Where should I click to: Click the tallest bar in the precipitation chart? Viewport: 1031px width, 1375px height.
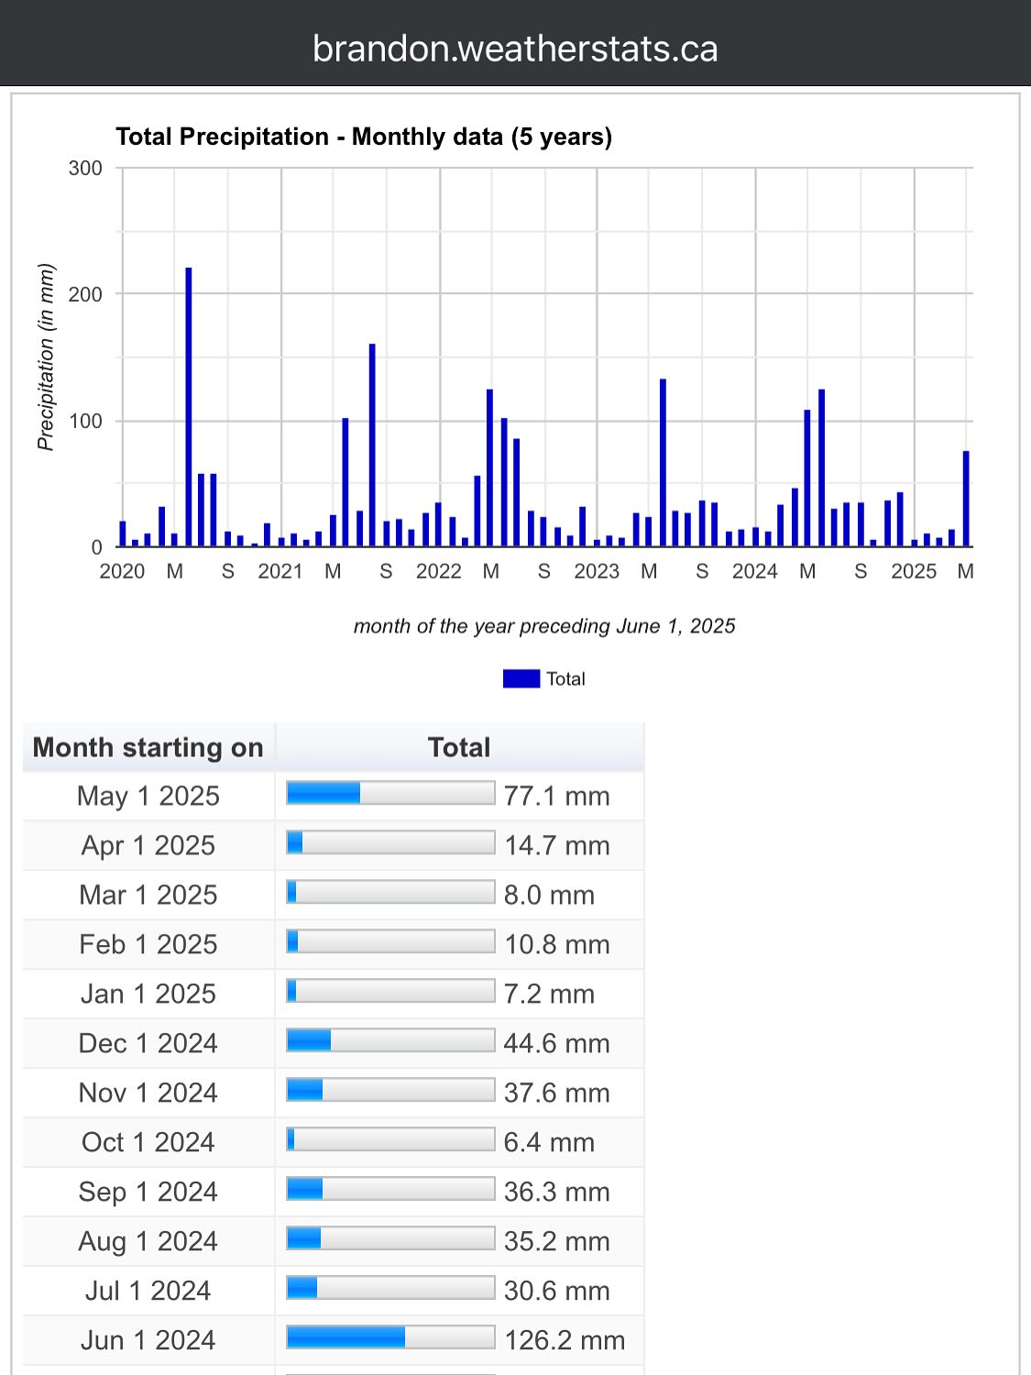189,407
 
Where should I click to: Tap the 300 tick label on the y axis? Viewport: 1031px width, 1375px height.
85,168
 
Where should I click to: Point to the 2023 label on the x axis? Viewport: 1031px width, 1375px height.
597,571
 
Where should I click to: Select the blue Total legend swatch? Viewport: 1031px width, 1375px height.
521,678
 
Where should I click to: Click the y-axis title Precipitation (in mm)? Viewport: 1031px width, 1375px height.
47,357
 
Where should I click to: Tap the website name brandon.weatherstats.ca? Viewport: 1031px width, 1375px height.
515,49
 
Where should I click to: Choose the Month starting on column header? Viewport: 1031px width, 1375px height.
148,747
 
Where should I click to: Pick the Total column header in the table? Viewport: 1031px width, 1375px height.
459,747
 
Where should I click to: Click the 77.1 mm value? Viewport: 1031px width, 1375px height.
556,796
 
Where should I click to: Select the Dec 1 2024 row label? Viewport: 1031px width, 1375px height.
148,1043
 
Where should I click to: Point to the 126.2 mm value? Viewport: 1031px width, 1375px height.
564,1340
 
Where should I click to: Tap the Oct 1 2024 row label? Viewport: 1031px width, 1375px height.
148,1142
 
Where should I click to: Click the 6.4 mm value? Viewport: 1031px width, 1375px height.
549,1142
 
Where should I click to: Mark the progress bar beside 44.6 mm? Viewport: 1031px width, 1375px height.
390,1040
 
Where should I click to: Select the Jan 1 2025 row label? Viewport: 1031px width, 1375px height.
148,994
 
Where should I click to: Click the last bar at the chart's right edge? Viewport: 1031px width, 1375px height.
966,499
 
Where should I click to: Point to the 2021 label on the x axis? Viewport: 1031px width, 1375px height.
280,571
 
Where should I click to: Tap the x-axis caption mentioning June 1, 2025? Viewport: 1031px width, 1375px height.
544,626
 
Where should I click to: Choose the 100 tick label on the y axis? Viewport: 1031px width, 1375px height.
85,421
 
